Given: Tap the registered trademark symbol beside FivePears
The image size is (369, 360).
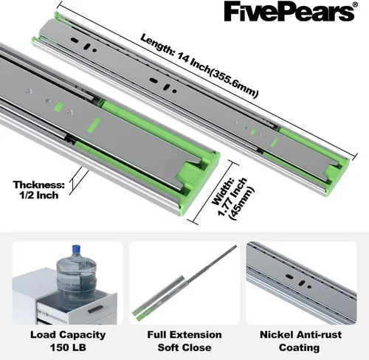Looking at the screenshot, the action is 354,4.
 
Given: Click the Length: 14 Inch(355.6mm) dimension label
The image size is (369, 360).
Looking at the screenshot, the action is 199,66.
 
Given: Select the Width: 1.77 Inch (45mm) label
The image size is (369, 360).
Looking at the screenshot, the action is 232,198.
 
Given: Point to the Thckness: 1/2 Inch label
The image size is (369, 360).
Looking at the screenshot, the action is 39,190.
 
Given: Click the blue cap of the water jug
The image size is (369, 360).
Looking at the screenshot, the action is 77,249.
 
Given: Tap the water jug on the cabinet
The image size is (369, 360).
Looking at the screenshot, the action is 76,271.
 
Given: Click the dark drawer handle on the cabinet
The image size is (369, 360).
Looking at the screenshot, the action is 95,309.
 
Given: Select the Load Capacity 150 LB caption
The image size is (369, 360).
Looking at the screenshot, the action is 68,341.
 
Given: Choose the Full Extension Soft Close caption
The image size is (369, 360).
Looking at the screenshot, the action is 184,341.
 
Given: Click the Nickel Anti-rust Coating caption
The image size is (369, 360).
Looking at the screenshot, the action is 300,341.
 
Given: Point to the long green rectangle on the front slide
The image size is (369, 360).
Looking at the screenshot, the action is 94,125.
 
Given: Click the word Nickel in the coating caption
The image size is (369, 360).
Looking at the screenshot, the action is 276,335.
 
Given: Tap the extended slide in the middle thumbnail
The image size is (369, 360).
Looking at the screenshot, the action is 184,281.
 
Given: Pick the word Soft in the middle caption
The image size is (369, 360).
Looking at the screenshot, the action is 168,347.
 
